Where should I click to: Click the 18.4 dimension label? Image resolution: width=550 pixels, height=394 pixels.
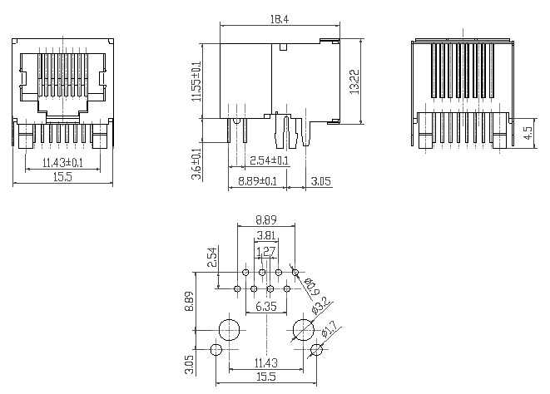coord(280,19)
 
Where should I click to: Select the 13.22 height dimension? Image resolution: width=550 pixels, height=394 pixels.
coord(354,81)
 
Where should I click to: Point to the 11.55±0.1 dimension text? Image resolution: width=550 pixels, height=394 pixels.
coord(196,81)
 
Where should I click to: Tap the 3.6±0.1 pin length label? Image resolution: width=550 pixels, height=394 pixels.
coord(197,164)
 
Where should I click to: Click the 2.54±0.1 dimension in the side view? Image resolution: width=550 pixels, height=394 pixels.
coord(269,160)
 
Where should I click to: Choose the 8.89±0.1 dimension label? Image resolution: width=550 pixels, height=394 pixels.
coord(257,181)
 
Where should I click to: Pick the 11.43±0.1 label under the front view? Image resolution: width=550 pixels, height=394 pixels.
coord(62,163)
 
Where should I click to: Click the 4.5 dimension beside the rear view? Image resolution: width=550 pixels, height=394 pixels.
coord(528,133)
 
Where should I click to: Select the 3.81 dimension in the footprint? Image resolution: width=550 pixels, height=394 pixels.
coord(266,235)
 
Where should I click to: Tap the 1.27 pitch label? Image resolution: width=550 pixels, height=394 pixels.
coord(266,251)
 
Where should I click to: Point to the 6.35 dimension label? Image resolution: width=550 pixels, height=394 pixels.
coord(266,307)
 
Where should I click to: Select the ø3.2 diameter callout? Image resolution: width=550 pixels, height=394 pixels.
coord(320,305)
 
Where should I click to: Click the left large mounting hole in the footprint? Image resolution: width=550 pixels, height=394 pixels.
coord(229,330)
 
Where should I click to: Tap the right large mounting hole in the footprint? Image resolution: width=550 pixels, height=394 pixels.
coord(304,330)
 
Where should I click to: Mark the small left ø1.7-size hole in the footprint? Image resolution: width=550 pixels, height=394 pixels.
coord(216,349)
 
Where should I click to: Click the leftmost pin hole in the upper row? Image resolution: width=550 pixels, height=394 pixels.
coord(246,272)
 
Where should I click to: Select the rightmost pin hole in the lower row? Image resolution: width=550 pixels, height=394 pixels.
coord(287,288)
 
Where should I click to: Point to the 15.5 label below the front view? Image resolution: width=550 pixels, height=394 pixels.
coord(62,177)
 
